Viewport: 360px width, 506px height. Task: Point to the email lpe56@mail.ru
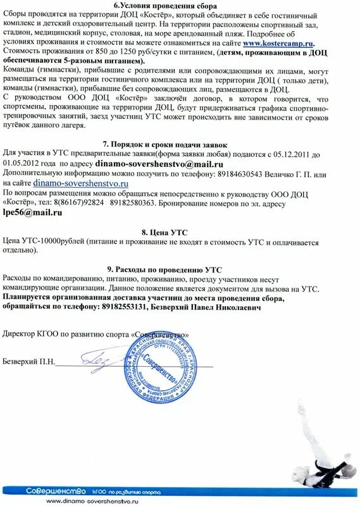33,213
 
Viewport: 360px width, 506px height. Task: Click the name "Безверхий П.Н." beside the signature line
29,362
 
